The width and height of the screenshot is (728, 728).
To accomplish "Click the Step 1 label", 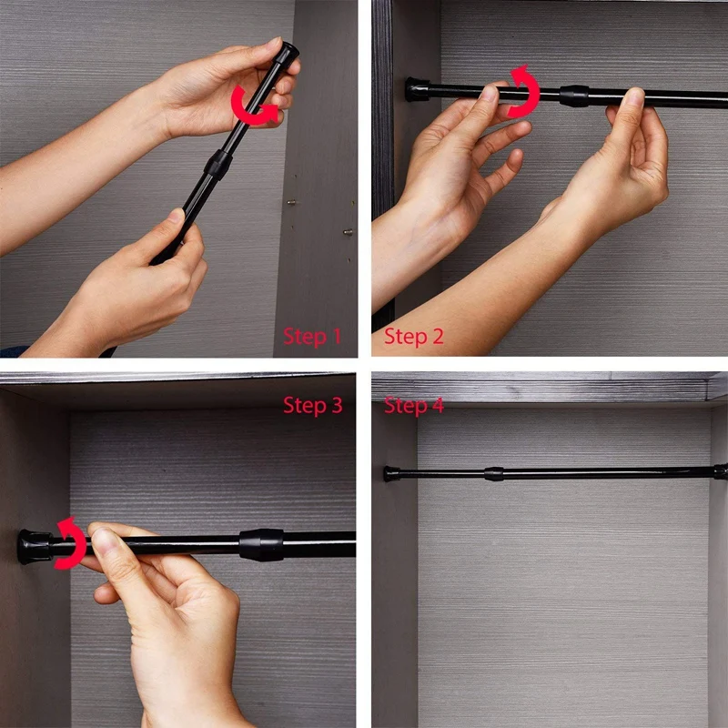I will tap(312, 336).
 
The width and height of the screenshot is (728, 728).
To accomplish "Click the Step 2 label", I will tap(413, 336).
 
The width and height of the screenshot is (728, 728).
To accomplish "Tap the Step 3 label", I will tap(312, 405).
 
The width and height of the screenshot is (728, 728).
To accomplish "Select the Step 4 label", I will tap(413, 405).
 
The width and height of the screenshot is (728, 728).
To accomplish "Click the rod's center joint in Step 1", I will tap(217, 164).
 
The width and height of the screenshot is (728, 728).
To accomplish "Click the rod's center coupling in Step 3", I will tap(261, 544).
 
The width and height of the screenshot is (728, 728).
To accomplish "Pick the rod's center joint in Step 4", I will tap(493, 473).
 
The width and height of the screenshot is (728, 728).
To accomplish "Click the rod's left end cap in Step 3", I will tap(33, 547).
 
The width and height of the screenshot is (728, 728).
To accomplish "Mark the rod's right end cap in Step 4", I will tap(721, 471).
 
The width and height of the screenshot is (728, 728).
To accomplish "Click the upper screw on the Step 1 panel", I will tap(288, 202).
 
